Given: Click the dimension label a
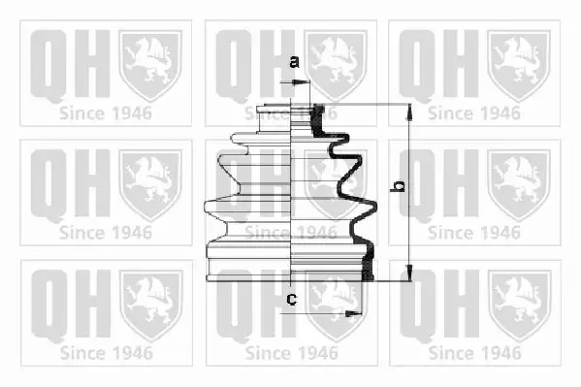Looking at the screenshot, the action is pyautogui.click(x=294, y=62).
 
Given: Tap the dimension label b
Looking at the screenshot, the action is pyautogui.click(x=398, y=186).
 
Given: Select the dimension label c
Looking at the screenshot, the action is pyautogui.click(x=292, y=299).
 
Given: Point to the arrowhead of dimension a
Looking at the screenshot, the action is pyautogui.click(x=302, y=82).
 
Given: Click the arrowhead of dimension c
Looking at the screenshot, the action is pyautogui.click(x=353, y=314).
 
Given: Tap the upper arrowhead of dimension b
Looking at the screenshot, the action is pyautogui.click(x=409, y=113).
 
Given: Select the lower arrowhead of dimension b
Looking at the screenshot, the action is pyautogui.click(x=409, y=273).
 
